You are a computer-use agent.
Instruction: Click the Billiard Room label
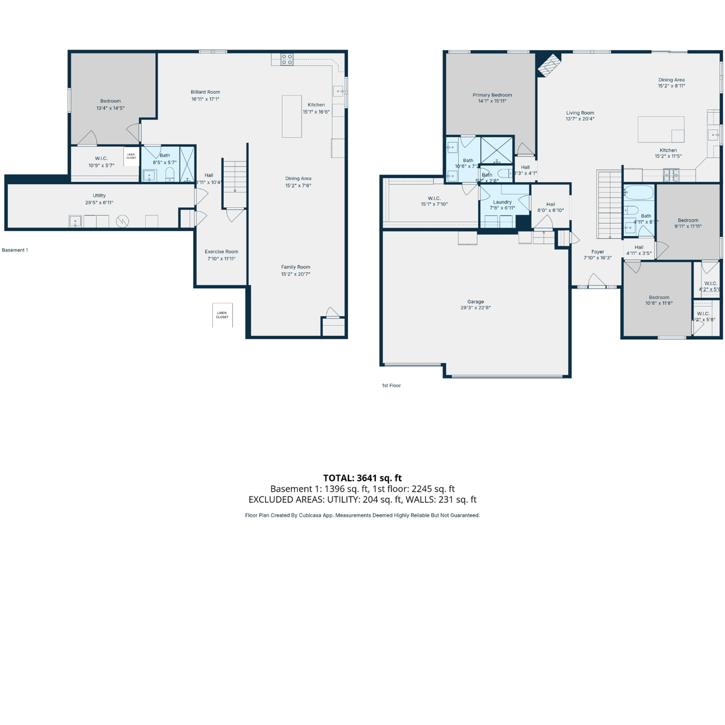click(205, 92)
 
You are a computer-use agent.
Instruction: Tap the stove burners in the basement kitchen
click(287, 59)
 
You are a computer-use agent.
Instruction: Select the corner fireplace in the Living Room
click(548, 65)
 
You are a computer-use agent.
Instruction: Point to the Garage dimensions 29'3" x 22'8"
click(475, 308)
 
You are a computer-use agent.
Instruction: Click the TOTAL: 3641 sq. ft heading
click(362, 478)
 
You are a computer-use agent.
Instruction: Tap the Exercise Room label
click(221, 252)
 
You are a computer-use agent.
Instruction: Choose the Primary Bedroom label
click(492, 95)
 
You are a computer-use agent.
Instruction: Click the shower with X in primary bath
click(497, 150)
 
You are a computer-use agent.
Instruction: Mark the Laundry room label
click(502, 202)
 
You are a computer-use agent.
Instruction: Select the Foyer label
click(598, 252)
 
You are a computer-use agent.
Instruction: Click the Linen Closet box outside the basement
click(222, 315)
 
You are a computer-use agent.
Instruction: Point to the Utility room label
click(99, 195)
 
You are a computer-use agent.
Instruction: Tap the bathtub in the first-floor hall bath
click(639, 193)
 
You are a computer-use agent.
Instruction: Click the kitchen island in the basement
click(292, 116)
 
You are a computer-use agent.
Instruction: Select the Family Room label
click(295, 267)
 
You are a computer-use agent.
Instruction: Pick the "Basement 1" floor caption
click(15, 250)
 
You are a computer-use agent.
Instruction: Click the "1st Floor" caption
click(391, 386)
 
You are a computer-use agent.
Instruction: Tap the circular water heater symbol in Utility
click(122, 221)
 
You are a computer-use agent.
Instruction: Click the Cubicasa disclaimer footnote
click(362, 515)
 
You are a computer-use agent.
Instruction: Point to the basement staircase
click(235, 177)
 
